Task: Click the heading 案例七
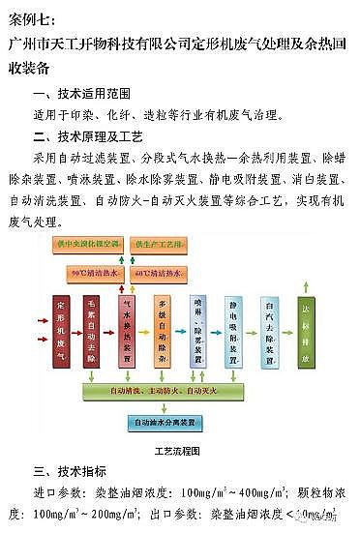coord(33,18)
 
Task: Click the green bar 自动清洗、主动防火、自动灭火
coord(163,391)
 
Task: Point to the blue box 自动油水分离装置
coord(162,423)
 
